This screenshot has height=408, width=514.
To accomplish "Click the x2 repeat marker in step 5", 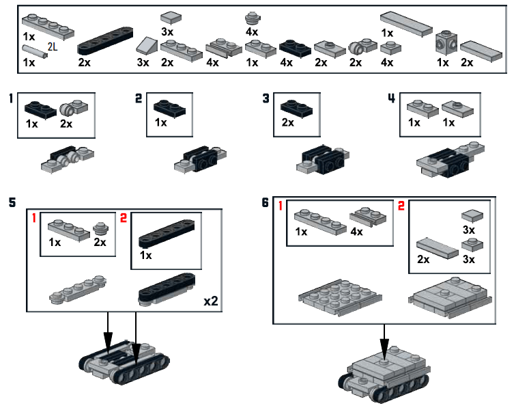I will coord(211,301).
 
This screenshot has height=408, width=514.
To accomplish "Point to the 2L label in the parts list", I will coord(52,46).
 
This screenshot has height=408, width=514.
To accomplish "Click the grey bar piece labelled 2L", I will coord(33,51).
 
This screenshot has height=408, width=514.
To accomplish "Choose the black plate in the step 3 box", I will coord(296,107).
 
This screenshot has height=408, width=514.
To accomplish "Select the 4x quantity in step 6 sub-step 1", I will coord(356,231).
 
